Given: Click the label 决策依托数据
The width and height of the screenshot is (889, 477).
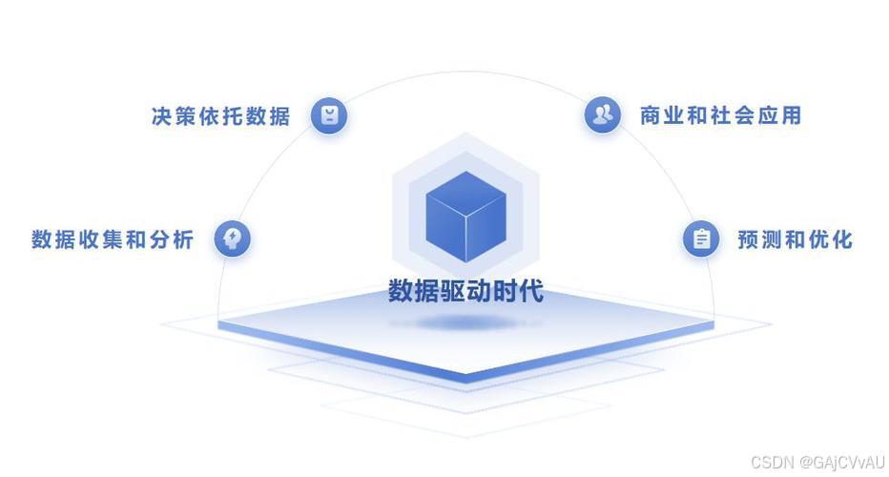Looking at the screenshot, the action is point(220,116).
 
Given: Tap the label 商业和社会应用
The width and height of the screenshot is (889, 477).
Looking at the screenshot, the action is point(720,115).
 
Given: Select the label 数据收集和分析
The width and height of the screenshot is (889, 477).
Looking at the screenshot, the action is point(113,238).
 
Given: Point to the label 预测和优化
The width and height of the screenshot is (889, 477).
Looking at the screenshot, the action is point(795,238).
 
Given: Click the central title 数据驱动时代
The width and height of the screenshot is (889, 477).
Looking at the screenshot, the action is point(465,290).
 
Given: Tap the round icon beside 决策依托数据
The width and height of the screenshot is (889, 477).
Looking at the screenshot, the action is point(329,115).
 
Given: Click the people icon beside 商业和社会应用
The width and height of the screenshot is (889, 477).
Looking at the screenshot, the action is point(602,114).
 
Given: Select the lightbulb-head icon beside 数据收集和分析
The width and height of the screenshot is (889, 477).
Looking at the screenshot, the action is point(232,238).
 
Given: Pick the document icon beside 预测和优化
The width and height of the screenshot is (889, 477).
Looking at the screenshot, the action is point(701,238).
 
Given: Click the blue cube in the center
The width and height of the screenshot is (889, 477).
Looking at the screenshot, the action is point(465,217).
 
